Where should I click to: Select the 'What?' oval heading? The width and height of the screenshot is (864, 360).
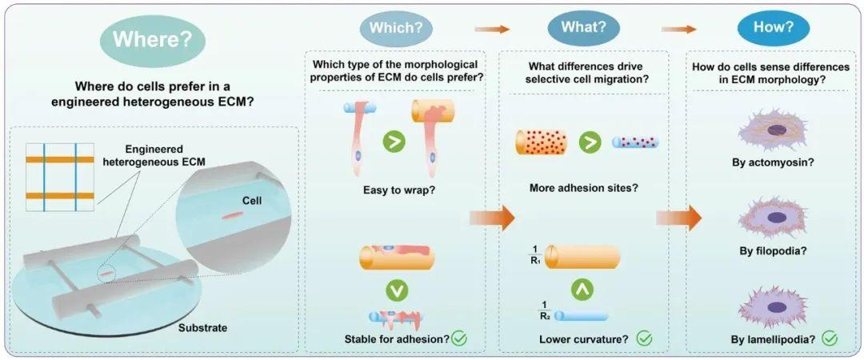pyautogui.click(x=583, y=27)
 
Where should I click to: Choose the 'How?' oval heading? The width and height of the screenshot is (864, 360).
pyautogui.click(x=774, y=27)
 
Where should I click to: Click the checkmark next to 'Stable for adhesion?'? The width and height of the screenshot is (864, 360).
pyautogui.click(x=459, y=338)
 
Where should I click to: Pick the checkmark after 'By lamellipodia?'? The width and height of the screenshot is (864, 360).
pyautogui.click(x=830, y=338)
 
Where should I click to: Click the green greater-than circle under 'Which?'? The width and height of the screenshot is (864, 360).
pyautogui.click(x=394, y=142)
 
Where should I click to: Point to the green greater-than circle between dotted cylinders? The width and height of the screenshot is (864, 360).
pyautogui.click(x=590, y=142)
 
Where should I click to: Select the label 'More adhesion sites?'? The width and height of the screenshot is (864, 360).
pyautogui.click(x=584, y=188)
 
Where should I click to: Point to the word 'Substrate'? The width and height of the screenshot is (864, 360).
pyautogui.click(x=202, y=329)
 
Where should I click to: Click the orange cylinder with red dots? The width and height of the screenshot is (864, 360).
pyautogui.click(x=541, y=142)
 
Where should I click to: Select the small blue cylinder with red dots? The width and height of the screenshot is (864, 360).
pyautogui.click(x=635, y=142)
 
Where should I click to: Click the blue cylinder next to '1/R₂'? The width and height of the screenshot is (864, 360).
pyautogui.click(x=582, y=316)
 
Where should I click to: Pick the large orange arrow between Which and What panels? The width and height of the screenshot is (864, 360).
pyautogui.click(x=491, y=218)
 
